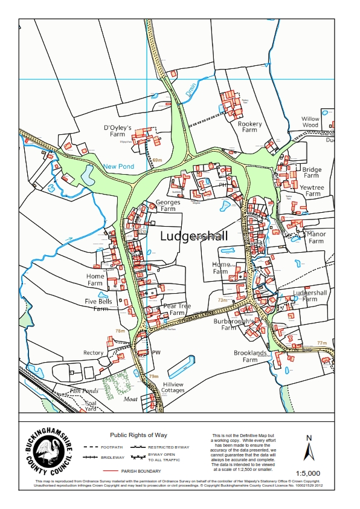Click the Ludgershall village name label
(194, 236)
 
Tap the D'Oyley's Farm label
(118, 131)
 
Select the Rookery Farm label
(250, 126)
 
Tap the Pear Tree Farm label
(176, 310)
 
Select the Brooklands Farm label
(250, 356)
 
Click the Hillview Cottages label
(173, 387)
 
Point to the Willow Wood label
(310, 122)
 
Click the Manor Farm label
(317, 237)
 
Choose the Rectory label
(94, 353)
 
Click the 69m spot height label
(158, 160)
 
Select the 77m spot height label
(321, 343)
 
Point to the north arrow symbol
(309, 450)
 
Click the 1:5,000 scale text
(308, 473)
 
